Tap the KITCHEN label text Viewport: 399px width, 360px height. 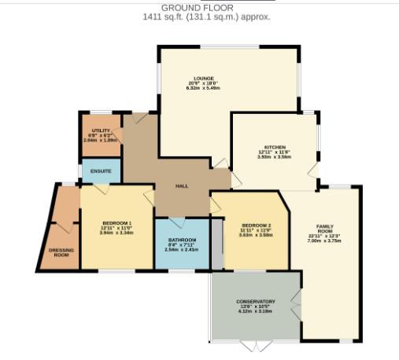point(275,147)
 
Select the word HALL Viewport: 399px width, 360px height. point(182,186)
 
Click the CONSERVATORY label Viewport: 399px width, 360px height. point(256,301)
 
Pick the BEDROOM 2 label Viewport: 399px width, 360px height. point(256,225)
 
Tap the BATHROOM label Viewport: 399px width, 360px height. point(182,239)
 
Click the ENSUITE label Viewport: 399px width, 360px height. point(101,171)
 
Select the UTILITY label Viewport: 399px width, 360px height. point(100,130)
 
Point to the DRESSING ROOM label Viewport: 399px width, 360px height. point(61,252)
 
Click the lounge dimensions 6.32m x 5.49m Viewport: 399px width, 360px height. point(199,88)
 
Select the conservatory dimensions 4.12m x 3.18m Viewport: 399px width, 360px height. point(256,311)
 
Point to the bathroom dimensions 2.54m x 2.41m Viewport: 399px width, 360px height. point(182,249)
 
